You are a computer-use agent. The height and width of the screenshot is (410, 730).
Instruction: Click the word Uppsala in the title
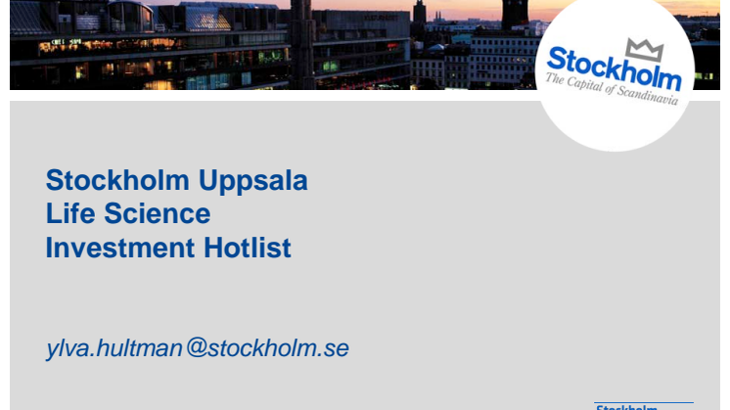(x=253, y=182)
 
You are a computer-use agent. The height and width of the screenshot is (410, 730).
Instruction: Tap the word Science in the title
(x=158, y=213)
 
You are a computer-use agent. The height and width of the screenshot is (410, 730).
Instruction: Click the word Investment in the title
(x=120, y=248)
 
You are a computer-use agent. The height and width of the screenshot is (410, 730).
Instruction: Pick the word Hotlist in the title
(x=248, y=248)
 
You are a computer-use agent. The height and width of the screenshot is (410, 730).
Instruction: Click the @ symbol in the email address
(x=197, y=347)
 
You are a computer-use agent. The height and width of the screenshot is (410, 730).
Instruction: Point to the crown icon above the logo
(x=645, y=50)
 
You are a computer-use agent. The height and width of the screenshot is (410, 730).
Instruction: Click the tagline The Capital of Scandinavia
(x=613, y=89)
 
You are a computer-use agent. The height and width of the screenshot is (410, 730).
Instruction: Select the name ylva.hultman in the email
(x=114, y=348)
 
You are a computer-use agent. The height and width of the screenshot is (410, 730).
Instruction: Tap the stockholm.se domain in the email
(x=279, y=348)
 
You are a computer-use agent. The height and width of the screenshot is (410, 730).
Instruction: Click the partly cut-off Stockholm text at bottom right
(x=626, y=407)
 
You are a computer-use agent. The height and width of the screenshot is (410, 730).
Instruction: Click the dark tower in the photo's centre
(x=301, y=44)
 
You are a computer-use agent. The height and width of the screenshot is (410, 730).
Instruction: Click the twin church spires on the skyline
(x=438, y=17)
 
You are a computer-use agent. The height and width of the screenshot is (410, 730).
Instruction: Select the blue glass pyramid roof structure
(x=208, y=20)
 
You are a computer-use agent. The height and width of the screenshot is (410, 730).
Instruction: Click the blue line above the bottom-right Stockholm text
(x=644, y=402)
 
